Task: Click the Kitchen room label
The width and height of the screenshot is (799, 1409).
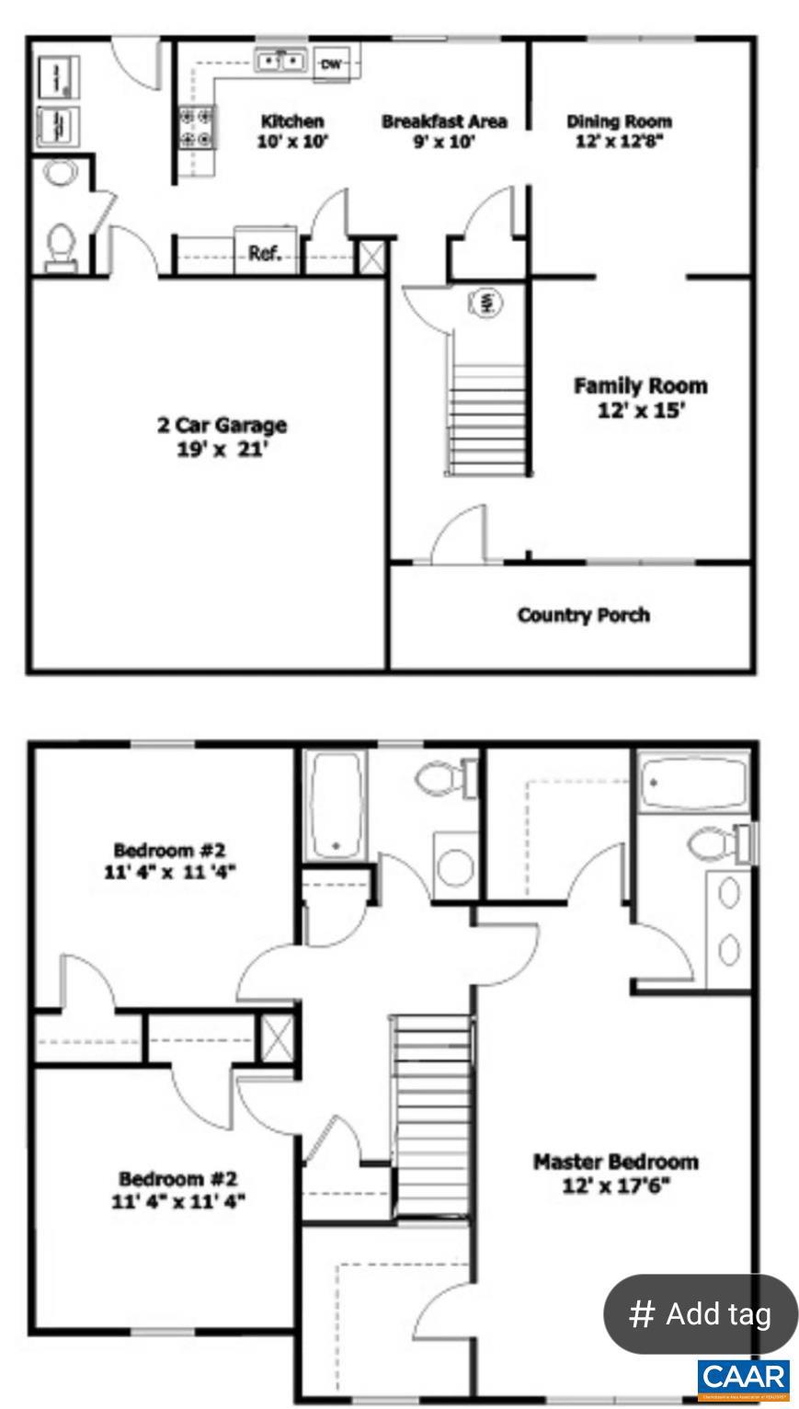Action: point(292,121)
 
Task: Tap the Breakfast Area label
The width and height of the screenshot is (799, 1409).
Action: point(444,121)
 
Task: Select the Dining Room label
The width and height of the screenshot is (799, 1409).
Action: point(619,121)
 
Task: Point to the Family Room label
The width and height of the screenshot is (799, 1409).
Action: point(641,385)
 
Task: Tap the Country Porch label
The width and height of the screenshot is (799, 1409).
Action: point(583,614)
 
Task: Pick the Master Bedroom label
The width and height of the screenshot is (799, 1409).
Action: point(616,1162)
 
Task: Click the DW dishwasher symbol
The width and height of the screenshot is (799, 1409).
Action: point(330,63)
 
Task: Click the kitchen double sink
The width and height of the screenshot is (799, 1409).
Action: point(280,62)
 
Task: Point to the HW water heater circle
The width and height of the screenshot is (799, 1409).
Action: point(487,302)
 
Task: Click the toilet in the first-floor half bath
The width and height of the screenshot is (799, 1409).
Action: point(61,246)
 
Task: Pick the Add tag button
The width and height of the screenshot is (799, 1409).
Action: point(701,1313)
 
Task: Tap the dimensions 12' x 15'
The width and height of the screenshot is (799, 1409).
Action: point(641,410)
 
